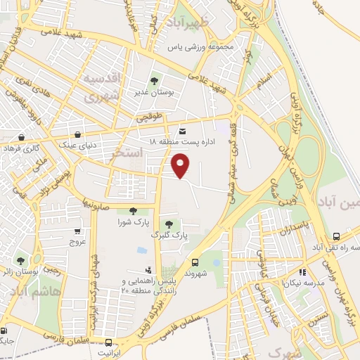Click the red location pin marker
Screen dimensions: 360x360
pos(181,166)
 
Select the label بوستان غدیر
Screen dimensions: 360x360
pos(154,91)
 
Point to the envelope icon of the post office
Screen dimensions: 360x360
pos(183,131)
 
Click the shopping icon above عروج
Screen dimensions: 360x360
pos(77,231)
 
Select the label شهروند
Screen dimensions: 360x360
pos(195,272)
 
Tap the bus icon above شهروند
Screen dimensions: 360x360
pos(195,261)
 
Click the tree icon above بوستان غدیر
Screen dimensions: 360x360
pos(154,80)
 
